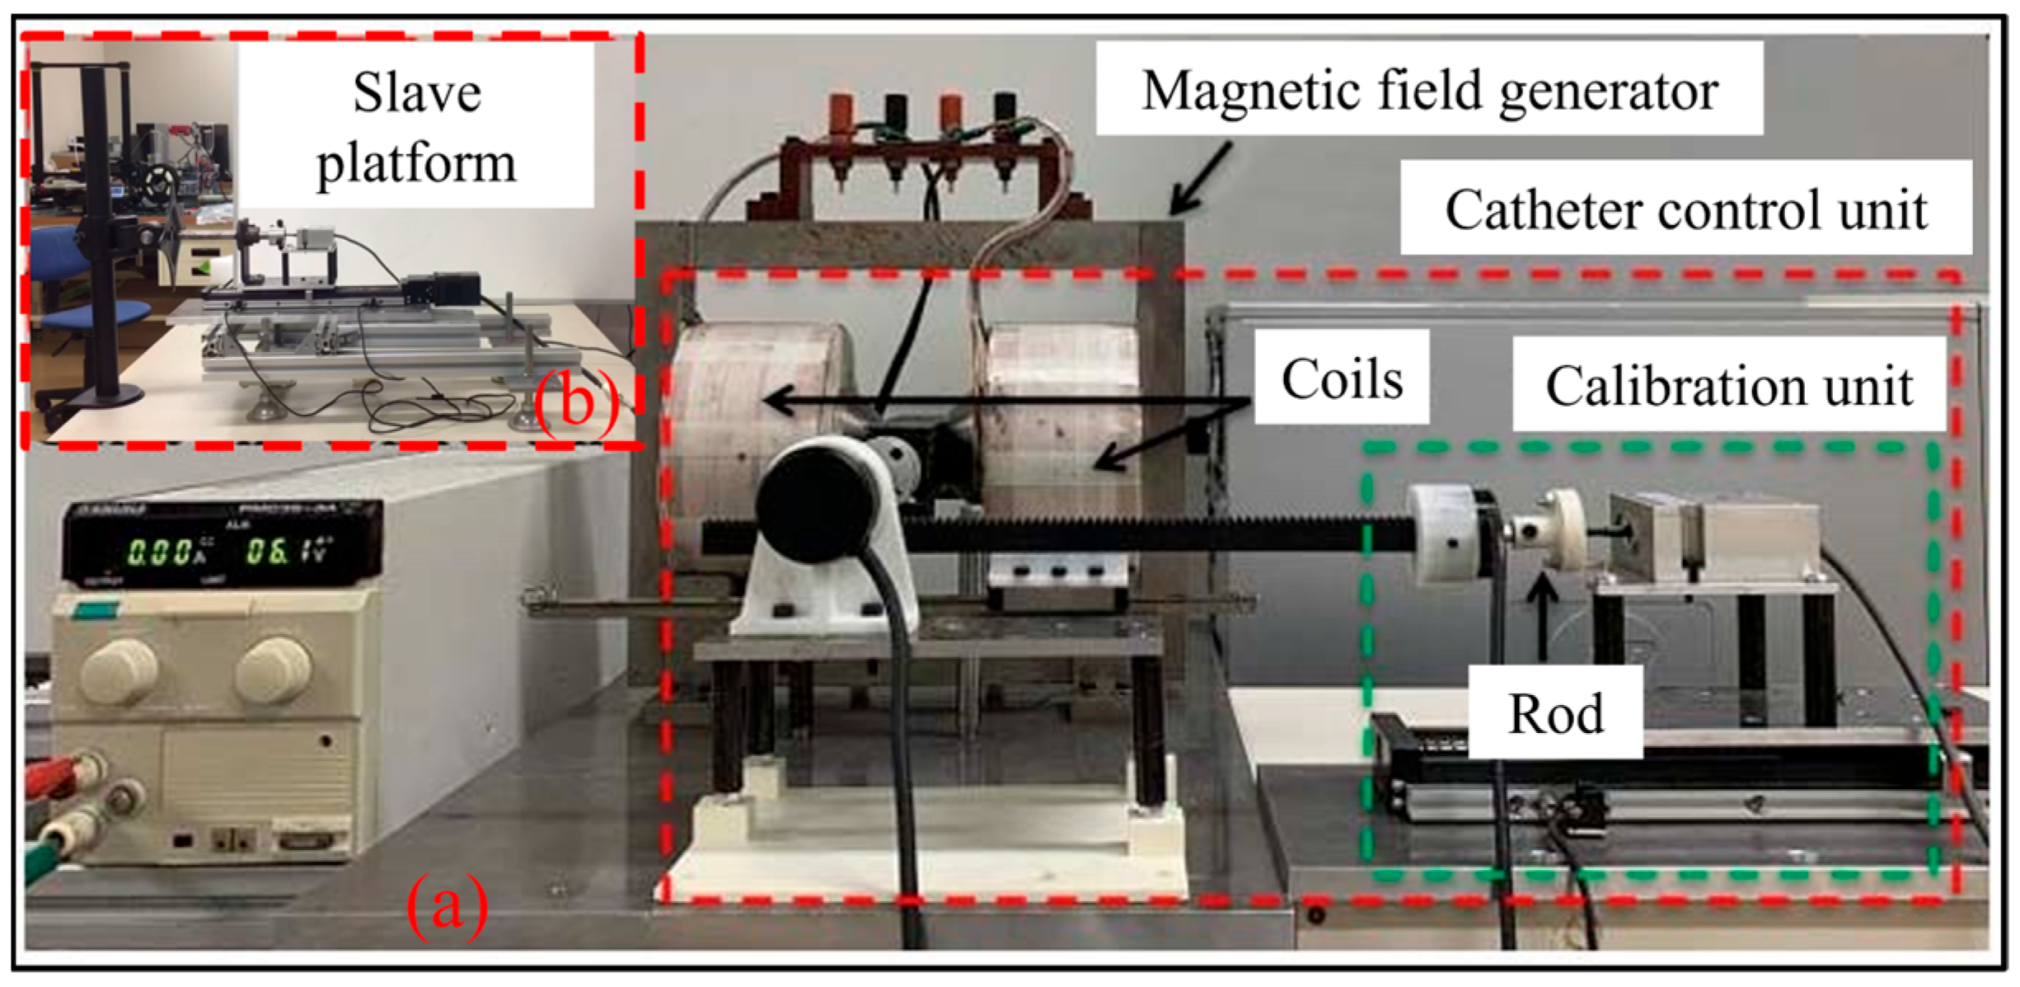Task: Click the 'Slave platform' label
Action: (x=416, y=126)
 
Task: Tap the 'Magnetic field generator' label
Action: (x=1429, y=89)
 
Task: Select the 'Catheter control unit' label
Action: (x=1685, y=209)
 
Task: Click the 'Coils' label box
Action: (x=1342, y=378)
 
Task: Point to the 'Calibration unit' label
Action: (x=1728, y=385)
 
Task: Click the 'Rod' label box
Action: (x=1555, y=712)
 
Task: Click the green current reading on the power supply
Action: (x=161, y=552)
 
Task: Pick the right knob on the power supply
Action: (x=274, y=667)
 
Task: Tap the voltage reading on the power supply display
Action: (x=288, y=550)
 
